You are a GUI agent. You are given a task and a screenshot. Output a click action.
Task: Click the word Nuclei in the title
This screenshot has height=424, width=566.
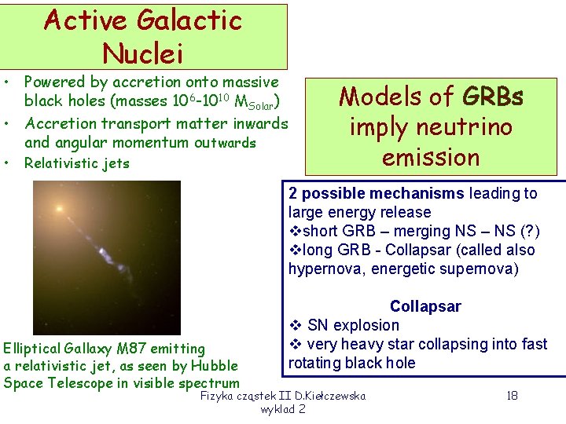(143, 53)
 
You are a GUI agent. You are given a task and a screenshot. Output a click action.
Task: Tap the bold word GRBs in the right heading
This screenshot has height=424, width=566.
(493, 97)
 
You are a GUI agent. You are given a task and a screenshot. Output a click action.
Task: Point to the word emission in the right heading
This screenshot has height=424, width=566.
(431, 157)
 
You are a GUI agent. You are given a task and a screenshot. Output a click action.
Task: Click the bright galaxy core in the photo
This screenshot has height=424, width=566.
(58, 209)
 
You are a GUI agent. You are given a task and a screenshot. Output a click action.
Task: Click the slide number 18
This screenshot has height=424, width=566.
(512, 396)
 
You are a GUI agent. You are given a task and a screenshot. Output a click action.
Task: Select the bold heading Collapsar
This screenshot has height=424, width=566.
(425, 306)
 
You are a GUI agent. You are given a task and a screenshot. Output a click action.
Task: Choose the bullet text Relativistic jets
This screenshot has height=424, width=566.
(77, 163)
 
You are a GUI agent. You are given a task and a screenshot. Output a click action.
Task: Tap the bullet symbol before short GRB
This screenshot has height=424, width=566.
(295, 232)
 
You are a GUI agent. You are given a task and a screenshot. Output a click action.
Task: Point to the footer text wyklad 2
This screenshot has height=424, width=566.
(283, 410)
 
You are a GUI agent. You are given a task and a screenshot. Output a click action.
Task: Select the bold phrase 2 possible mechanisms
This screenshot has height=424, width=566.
(377, 194)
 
